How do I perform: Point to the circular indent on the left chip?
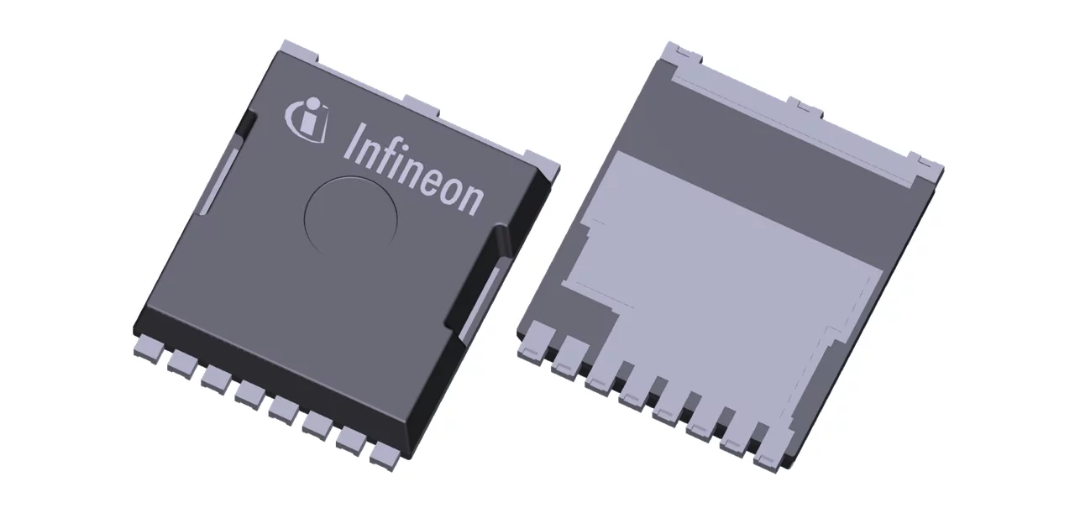coord(350,215)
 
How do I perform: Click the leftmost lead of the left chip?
coord(149,346)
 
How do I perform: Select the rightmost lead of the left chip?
coord(385,453)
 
